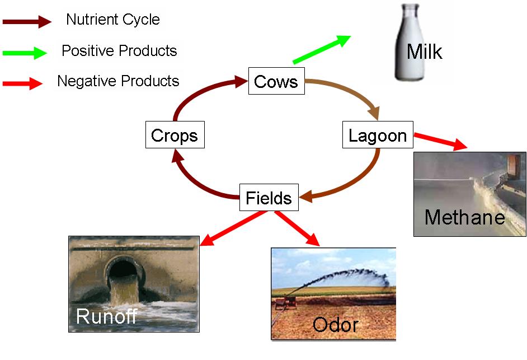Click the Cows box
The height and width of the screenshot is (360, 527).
pos(276,82)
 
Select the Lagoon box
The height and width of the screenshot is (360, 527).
pos(378,135)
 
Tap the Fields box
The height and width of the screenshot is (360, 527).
pos(269,198)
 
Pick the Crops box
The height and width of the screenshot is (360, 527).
pos(175,135)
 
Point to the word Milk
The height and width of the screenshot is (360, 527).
pos(424,52)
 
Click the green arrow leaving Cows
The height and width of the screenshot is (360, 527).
pos(321,49)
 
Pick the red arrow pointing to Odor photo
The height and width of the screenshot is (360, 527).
pos(297,228)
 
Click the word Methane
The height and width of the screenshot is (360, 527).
pos(464,217)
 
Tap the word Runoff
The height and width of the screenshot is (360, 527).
pos(106,316)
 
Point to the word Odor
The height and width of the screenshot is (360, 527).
pos(335,325)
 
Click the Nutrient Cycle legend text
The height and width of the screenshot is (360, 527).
pos(112,20)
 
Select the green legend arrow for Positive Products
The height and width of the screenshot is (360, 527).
pos(25,53)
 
